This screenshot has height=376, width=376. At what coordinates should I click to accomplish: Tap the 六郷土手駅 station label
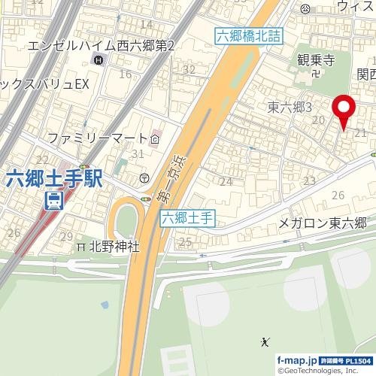(x=54, y=179)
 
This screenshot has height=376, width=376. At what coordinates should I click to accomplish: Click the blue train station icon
(x=53, y=201)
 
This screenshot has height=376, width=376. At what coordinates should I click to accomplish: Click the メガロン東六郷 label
(x=322, y=223)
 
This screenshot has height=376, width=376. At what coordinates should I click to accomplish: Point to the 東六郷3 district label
(x=290, y=108)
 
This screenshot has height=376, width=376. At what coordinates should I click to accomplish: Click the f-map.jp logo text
(x=296, y=360)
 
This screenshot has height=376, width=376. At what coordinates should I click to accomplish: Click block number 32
(x=190, y=70)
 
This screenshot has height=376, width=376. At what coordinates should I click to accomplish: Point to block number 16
(x=125, y=74)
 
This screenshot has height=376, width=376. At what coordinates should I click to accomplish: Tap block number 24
(x=226, y=181)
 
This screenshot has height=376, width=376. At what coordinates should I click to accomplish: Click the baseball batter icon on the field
(x=265, y=343)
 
